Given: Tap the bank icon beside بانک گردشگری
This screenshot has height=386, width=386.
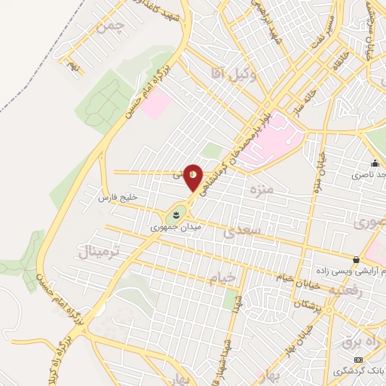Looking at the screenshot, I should pyautogui.click(x=359, y=360).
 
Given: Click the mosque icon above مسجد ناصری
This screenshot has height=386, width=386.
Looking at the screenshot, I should pyautogui.click(x=374, y=164).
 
